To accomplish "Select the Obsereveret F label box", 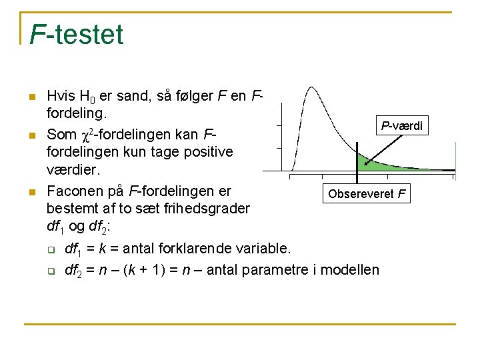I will click(x=366, y=195).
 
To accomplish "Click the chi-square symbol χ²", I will click(x=86, y=135).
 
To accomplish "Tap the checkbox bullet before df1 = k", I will click(x=50, y=250).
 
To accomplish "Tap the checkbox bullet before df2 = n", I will click(x=50, y=271).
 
